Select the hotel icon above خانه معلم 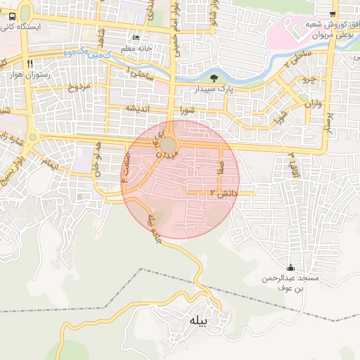click(136, 38)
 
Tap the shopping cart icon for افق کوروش click(333, 13)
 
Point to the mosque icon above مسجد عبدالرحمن click(291, 267)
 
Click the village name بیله click(198, 321)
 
